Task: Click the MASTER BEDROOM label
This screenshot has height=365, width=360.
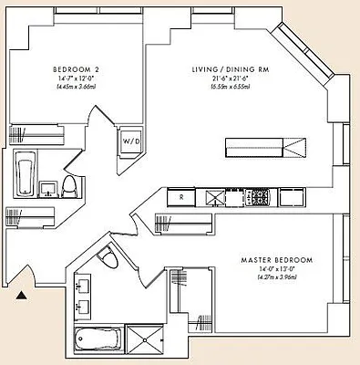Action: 276,260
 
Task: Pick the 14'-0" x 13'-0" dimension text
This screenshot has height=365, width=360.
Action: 276,271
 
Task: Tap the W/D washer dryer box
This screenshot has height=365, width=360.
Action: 131,141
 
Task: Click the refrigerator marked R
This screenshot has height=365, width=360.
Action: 181,196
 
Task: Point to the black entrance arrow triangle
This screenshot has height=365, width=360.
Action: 21,294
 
